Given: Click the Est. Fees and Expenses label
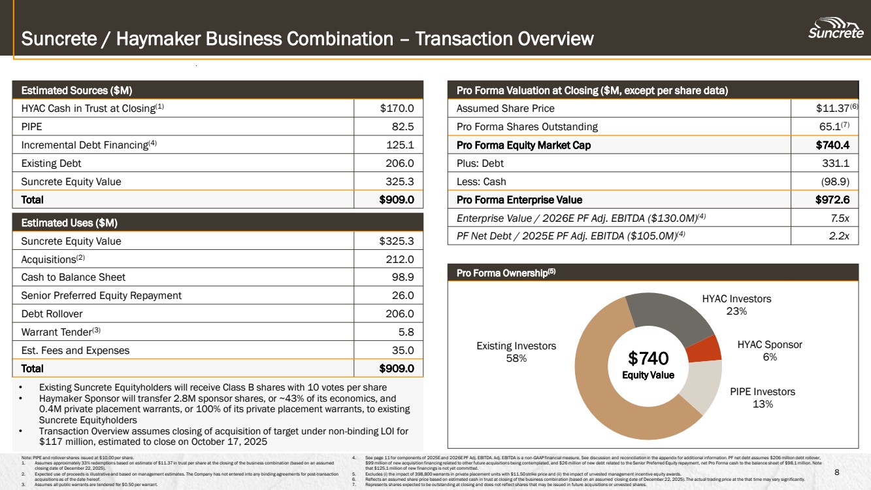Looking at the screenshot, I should pyautogui.click(x=75, y=350).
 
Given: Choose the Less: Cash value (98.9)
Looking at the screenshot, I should pyautogui.click(x=835, y=181).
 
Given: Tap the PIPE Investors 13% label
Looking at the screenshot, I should pyautogui.click(x=763, y=397).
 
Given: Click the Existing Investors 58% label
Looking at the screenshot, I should pyautogui.click(x=516, y=351).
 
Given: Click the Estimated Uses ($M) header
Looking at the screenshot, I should pyautogui.click(x=69, y=222).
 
